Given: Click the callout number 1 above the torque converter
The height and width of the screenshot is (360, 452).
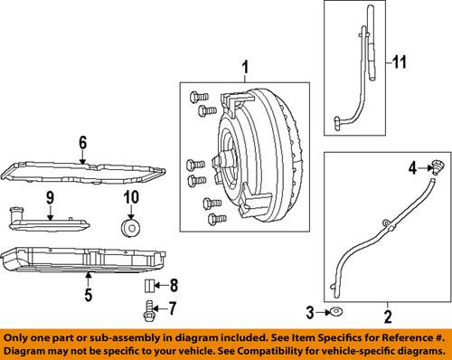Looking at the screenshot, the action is click(246, 68).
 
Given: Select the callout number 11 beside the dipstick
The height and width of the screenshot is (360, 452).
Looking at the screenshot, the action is click(400, 62).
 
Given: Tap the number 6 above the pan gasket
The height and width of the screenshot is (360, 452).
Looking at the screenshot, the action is click(83, 143).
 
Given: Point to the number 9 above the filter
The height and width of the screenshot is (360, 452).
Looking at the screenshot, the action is click(50, 198).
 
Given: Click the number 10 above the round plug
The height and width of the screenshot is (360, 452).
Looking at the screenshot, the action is click(131, 197).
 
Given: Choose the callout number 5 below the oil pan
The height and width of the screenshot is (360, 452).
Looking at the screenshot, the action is click(88, 294).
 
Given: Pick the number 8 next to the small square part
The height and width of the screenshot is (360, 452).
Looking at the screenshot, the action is click(174, 285).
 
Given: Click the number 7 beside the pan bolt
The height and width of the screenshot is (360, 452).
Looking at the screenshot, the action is click(172, 308).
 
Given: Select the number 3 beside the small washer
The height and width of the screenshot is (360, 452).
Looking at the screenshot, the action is click(310, 313).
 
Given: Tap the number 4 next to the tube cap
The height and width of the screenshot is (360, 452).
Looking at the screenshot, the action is click(412, 167).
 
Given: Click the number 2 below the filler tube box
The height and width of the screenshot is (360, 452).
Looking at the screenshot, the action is click(388, 317).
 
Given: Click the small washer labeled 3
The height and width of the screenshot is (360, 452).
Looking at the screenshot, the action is click(336, 312).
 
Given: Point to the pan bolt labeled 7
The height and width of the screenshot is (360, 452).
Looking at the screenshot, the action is click(148, 311).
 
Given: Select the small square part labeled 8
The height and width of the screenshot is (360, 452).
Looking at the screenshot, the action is click(149, 286).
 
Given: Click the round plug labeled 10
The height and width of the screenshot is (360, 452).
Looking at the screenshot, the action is click(131, 229).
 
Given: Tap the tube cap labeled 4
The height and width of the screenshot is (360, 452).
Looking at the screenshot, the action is click(435, 167).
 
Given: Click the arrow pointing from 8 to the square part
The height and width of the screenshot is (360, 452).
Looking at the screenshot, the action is click(161, 286).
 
